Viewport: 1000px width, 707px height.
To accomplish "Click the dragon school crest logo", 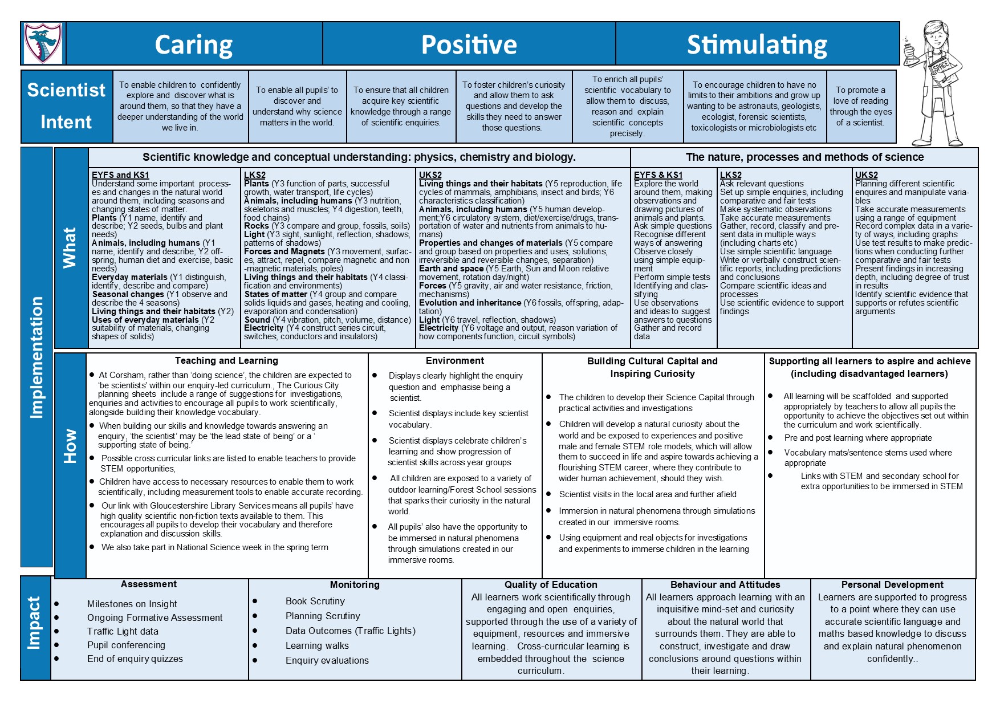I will point(43,43).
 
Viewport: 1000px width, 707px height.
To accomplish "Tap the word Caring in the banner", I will point(194,44).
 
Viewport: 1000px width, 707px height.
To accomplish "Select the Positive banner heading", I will point(469,44).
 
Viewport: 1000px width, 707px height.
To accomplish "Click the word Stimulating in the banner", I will point(757,44).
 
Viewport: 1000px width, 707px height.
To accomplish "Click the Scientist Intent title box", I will point(66,106).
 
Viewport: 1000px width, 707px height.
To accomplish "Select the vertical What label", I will point(70,247).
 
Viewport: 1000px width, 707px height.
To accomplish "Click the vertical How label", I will point(70,446).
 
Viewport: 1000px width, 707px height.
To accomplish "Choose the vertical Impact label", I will point(35,623).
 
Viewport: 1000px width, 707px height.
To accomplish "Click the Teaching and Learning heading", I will point(226,360).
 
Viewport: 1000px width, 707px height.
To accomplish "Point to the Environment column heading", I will point(454,360).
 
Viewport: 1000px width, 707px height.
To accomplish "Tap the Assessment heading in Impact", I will point(149,584).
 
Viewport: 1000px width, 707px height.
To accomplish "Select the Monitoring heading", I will point(355,584).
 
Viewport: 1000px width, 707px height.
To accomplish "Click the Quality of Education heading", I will point(551,584).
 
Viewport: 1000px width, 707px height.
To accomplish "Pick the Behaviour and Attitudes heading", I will point(725,584).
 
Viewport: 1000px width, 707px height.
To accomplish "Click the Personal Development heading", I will point(892,584).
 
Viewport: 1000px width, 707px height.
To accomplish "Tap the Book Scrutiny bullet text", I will point(315,601).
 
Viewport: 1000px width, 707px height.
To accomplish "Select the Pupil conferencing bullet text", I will point(126,645).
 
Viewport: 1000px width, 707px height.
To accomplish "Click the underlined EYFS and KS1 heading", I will point(120,175).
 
